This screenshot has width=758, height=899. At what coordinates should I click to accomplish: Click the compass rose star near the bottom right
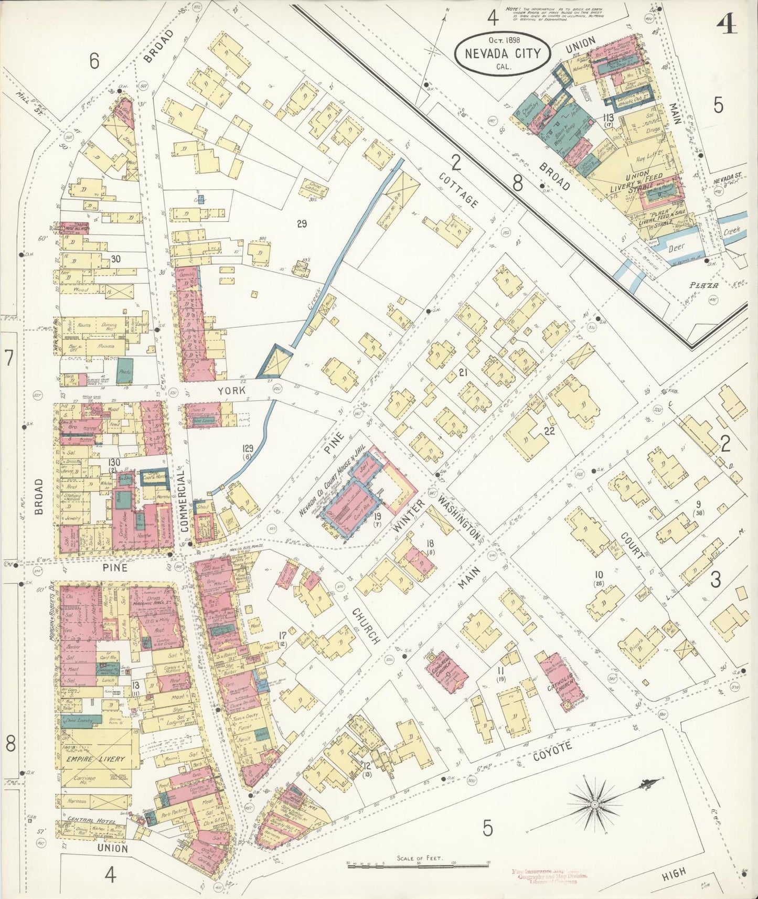pos(595,804)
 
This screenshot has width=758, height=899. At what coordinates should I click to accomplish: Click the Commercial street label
pos(184,501)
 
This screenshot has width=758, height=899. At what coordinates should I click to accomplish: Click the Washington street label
pos(460,518)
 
